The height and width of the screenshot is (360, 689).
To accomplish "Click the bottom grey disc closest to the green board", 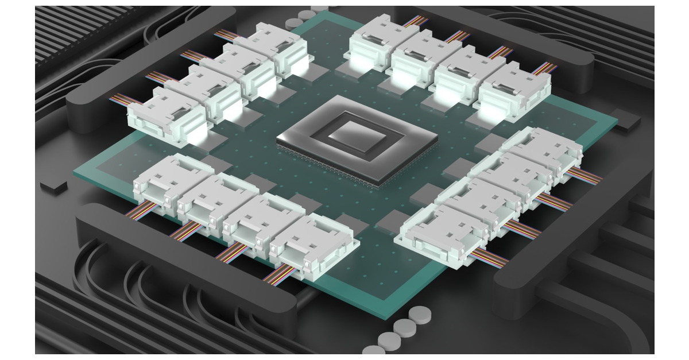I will pyautogui.click(x=419, y=314).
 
